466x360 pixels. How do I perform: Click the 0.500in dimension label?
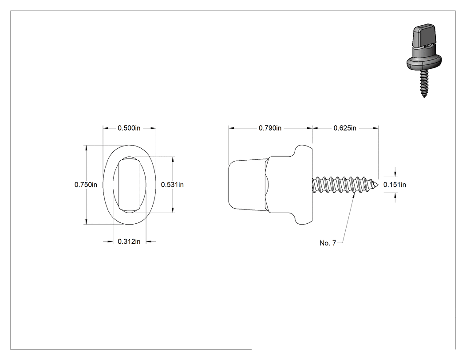[129, 128]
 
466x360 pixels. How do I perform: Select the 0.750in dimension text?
[86, 185]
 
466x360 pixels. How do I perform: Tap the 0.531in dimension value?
[172, 185]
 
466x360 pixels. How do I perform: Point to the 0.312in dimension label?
[129, 241]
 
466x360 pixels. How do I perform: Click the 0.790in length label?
[270, 128]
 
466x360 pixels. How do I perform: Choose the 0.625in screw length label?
[345, 128]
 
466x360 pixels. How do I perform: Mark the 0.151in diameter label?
[395, 185]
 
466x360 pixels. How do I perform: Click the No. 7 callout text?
[328, 243]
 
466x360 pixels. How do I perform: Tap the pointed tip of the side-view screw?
[379, 185]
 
